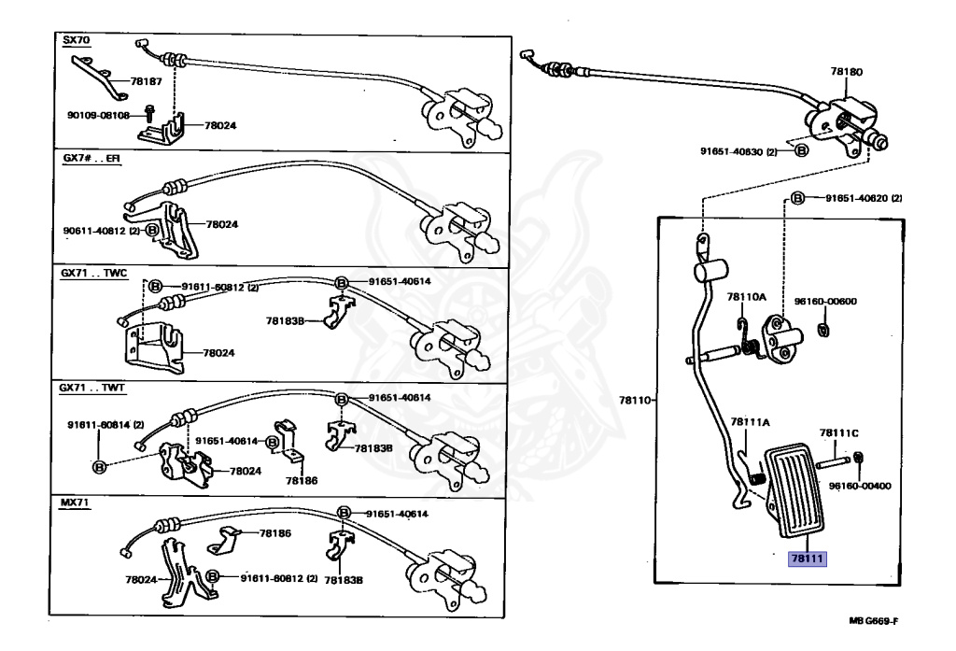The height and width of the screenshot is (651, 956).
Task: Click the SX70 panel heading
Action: pos(77,41)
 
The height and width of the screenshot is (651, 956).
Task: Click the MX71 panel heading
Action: pos(76,503)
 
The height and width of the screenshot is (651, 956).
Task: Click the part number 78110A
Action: pos(747,297)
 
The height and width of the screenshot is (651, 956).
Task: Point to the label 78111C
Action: pos(838,432)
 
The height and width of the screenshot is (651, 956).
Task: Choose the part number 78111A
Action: pos(750,421)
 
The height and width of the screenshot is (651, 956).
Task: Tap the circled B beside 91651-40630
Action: pos(800,150)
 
